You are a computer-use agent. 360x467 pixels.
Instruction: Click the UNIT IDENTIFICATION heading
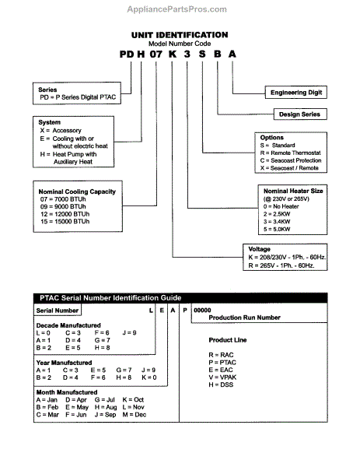click(179, 35)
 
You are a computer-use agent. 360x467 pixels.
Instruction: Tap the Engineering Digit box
click(298, 92)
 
